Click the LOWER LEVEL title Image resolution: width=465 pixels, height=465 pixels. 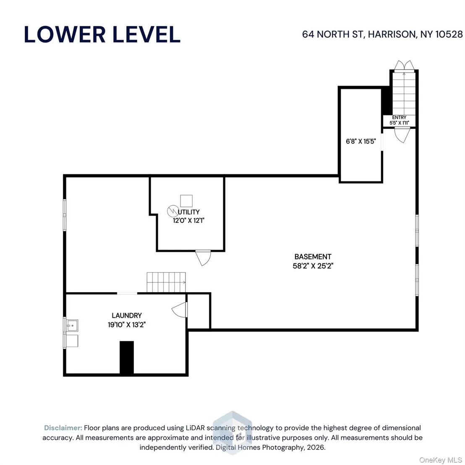(102, 34)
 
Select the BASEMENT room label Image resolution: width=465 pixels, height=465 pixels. (313, 256)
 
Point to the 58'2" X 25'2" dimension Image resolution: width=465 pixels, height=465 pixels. (313, 266)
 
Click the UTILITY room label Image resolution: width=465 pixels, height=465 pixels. (188, 212)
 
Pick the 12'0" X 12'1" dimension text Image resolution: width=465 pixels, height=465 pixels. (188, 220)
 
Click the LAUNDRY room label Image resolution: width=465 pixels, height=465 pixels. (127, 316)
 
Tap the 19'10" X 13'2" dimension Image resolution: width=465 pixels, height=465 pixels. (127, 325)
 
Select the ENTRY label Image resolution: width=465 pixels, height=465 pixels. (399, 118)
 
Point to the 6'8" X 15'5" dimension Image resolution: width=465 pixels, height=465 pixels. (361, 141)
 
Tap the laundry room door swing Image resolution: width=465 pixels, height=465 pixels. (180, 310)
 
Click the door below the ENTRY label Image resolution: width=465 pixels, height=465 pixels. (402, 135)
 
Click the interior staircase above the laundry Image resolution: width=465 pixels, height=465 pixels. (166, 282)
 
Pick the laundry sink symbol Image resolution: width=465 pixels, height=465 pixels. (72, 326)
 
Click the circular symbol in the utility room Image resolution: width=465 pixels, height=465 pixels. (173, 211)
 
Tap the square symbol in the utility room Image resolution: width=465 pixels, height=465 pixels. (186, 201)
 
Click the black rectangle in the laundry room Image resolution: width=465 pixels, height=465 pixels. (127, 357)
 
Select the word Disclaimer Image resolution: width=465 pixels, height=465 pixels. (63, 428)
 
